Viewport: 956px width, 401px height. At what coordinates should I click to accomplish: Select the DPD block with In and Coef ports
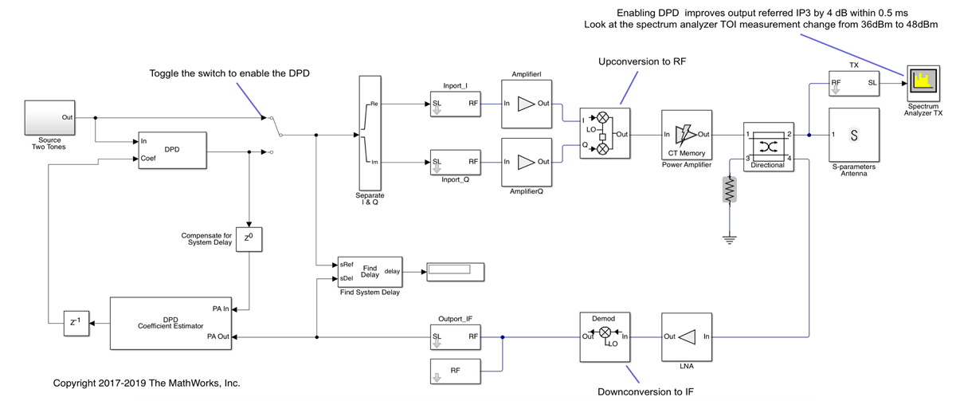171,150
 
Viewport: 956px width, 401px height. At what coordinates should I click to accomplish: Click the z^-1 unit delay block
75,323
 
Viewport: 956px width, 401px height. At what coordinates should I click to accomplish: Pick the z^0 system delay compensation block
249,238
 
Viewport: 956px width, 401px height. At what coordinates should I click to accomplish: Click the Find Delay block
370,271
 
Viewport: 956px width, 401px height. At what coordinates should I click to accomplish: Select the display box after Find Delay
455,270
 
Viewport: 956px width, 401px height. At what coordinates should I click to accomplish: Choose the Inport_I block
455,104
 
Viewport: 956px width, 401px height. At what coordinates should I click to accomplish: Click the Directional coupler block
767,147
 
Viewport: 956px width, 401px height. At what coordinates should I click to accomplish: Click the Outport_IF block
455,336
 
